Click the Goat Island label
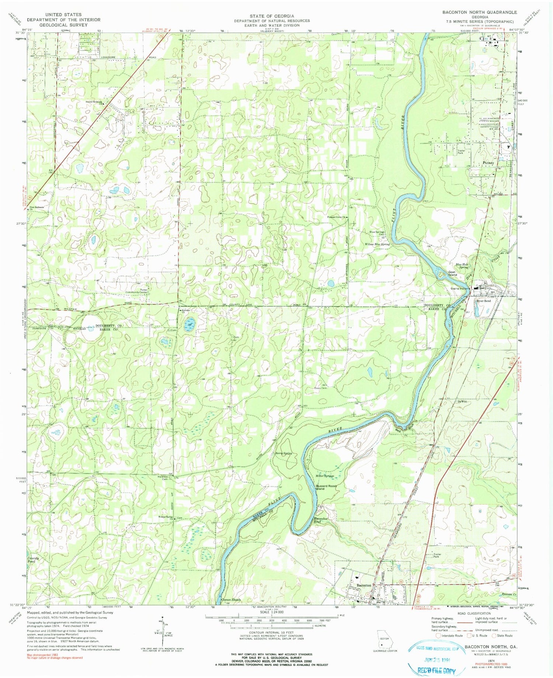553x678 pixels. click(x=452, y=273)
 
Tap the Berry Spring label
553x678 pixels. click(x=284, y=453)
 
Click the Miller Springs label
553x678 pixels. click(x=324, y=476)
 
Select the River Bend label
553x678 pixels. click(x=484, y=301)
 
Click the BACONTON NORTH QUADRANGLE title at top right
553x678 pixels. click(x=480, y=12)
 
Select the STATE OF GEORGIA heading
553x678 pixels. click(x=272, y=16)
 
